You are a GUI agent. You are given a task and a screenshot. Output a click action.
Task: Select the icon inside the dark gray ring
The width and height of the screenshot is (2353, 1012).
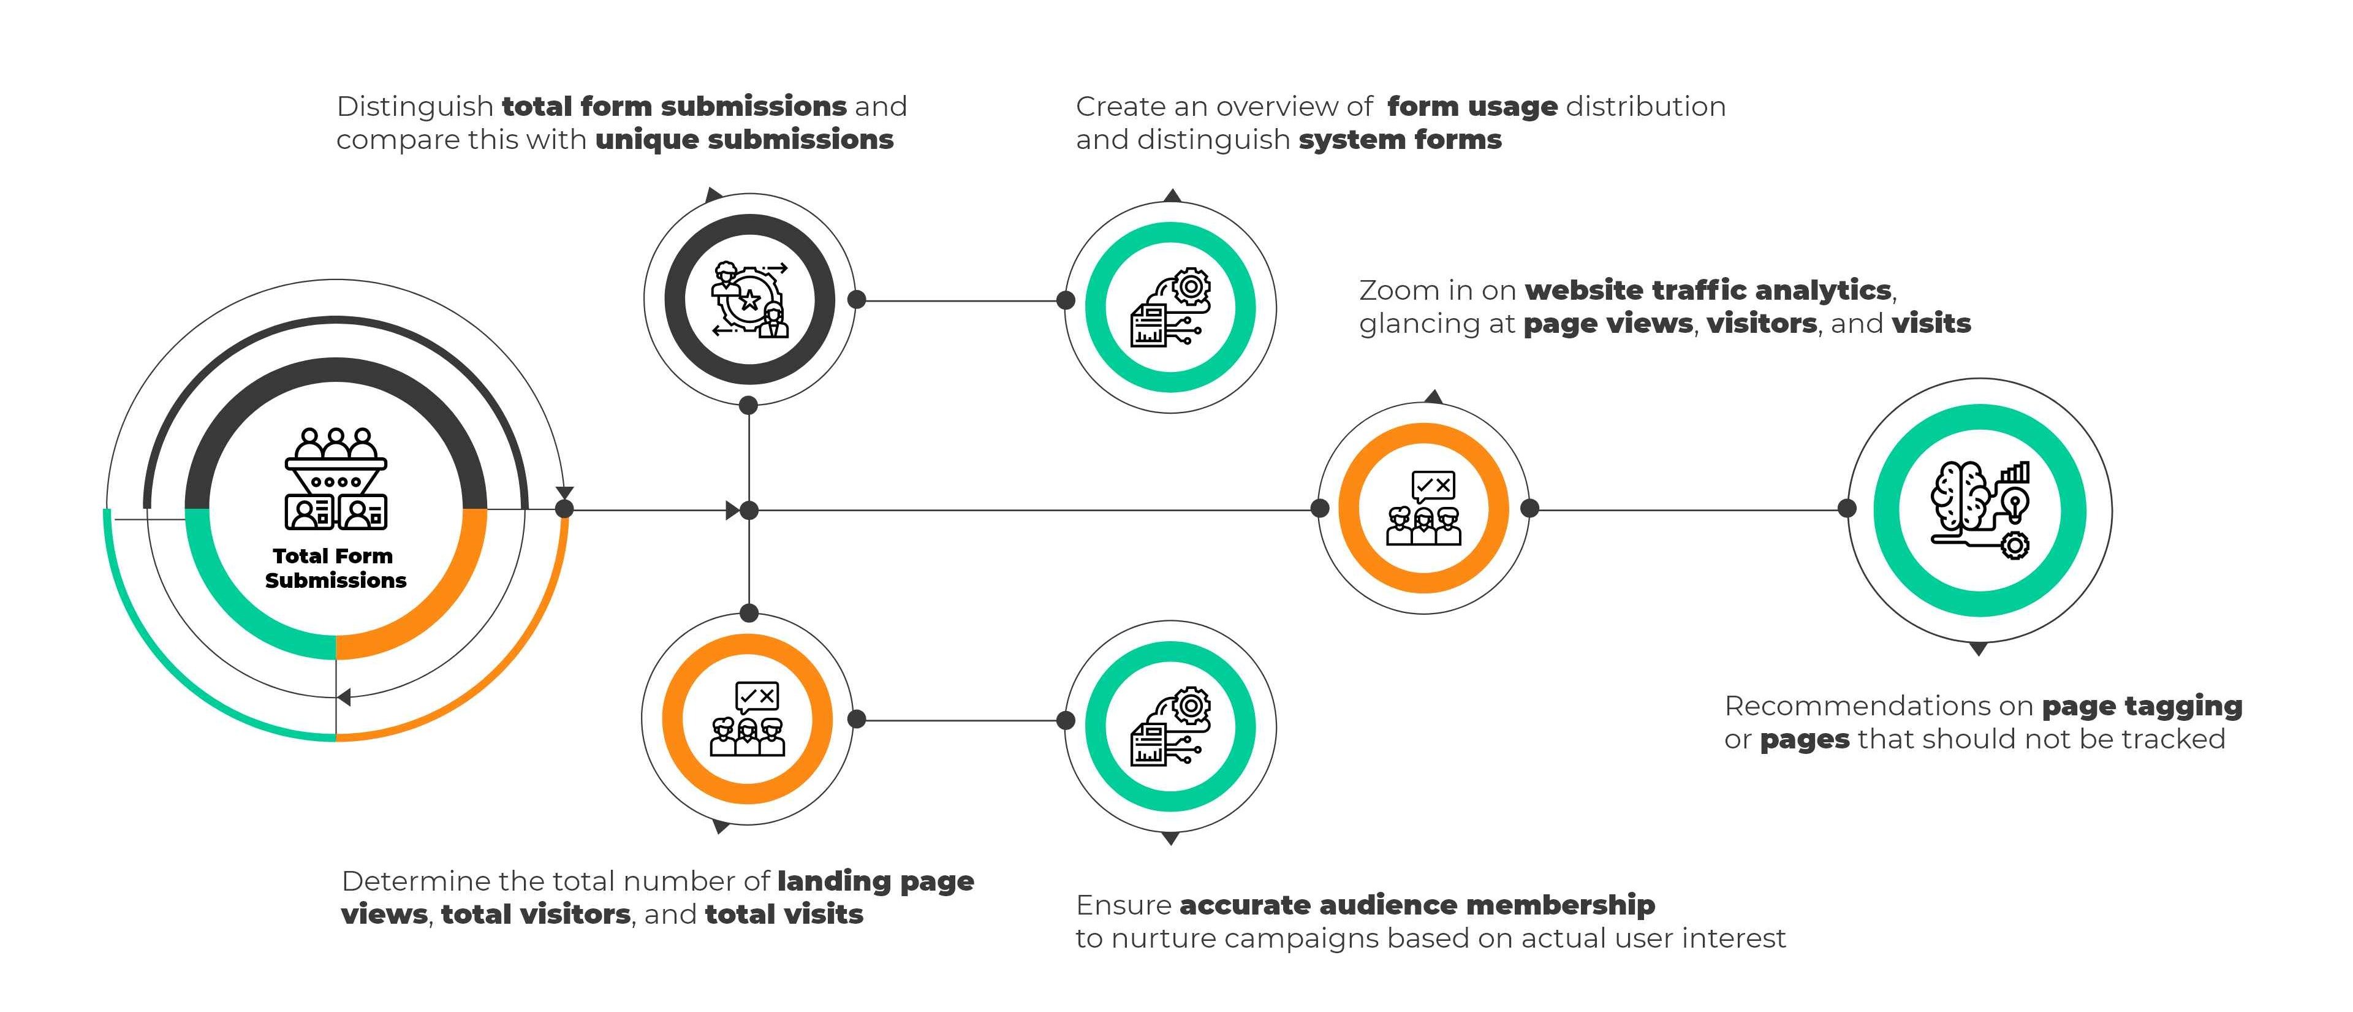point(749,299)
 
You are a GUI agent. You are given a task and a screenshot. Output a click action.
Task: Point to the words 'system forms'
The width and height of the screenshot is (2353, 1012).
point(1400,140)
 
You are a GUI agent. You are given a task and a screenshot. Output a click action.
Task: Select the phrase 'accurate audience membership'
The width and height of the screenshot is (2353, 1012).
point(1417,905)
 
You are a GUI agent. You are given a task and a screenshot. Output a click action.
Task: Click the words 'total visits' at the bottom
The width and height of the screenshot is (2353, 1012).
point(784,915)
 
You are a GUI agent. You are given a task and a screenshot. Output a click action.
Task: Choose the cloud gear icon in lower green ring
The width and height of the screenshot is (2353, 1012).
point(1170,726)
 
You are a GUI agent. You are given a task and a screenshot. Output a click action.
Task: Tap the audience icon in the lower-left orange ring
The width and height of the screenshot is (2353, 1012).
point(747,720)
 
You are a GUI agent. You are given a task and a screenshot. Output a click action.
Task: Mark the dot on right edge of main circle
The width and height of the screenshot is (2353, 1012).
point(564,509)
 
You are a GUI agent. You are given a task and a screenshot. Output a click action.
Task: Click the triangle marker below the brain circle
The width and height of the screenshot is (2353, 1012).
point(1979,649)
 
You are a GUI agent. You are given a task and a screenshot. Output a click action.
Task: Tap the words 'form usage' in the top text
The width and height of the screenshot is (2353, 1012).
point(1471,107)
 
